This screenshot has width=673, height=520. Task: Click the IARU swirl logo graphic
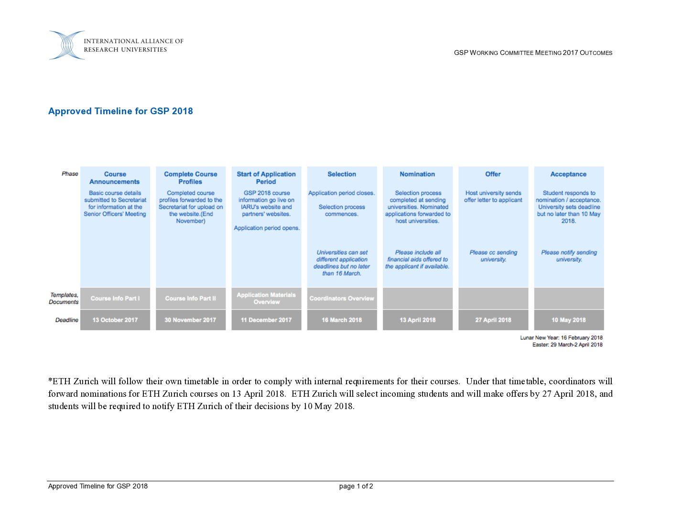click(67, 45)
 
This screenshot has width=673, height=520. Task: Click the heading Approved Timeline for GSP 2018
click(120, 111)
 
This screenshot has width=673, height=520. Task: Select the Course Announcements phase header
click(115, 178)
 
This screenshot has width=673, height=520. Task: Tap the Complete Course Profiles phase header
click(190, 178)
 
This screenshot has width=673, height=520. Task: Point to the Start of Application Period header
click(266, 178)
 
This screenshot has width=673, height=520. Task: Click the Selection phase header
click(342, 174)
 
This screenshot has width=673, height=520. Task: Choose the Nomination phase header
click(417, 174)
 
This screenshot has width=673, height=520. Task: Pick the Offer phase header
click(493, 174)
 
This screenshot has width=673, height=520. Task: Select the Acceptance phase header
click(568, 174)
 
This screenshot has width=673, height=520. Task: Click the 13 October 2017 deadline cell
click(115, 320)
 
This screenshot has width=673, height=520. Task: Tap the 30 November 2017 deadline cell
click(190, 320)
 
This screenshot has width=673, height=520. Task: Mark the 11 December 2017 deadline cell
click(266, 320)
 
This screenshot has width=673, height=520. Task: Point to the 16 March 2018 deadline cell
click(342, 320)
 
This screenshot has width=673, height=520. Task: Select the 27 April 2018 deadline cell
click(493, 320)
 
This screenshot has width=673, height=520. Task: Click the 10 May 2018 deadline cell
click(568, 320)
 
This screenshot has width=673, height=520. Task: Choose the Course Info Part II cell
click(190, 299)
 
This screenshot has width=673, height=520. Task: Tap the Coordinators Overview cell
click(342, 299)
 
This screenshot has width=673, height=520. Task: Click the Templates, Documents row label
click(64, 299)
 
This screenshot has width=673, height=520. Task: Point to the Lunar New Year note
click(561, 338)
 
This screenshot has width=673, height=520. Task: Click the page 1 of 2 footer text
click(356, 487)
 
